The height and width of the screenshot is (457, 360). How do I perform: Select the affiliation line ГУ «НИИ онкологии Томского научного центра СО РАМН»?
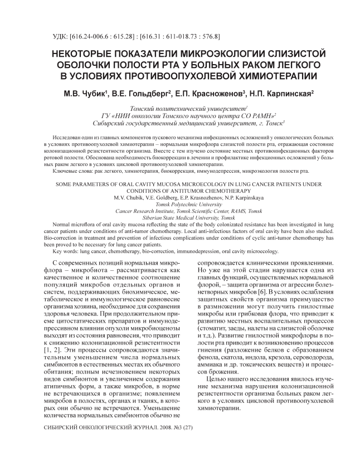[x=179, y=114]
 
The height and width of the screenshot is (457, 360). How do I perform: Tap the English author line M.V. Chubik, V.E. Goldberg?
[x=180, y=198]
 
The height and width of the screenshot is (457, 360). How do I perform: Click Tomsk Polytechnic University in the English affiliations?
[x=180, y=205]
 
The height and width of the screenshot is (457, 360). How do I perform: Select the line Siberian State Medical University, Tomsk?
[x=180, y=218]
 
